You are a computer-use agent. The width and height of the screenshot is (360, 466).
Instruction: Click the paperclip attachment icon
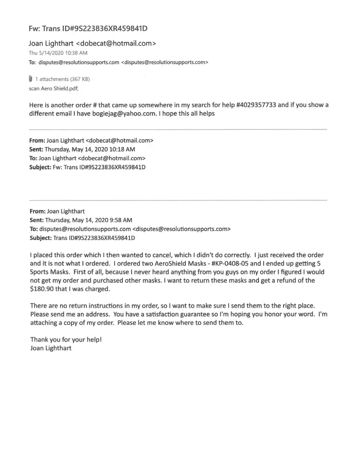(30, 78)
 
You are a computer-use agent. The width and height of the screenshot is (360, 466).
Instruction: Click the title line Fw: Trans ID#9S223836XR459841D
(88, 29)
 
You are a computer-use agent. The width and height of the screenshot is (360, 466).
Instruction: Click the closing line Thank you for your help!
(66, 339)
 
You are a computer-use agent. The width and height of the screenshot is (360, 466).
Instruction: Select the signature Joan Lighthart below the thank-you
(51, 348)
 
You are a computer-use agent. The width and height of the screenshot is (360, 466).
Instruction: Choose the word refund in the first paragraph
(273, 280)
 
